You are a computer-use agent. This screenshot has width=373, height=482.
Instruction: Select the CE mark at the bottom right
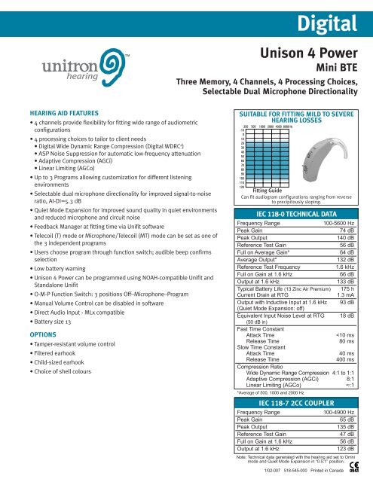[359, 468]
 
